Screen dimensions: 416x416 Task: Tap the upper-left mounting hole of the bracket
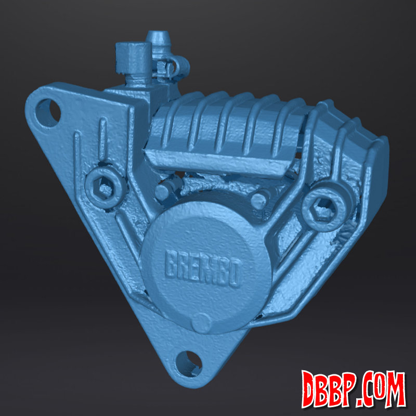48,113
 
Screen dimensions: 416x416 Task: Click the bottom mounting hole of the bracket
189,363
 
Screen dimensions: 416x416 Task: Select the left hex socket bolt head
106,187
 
